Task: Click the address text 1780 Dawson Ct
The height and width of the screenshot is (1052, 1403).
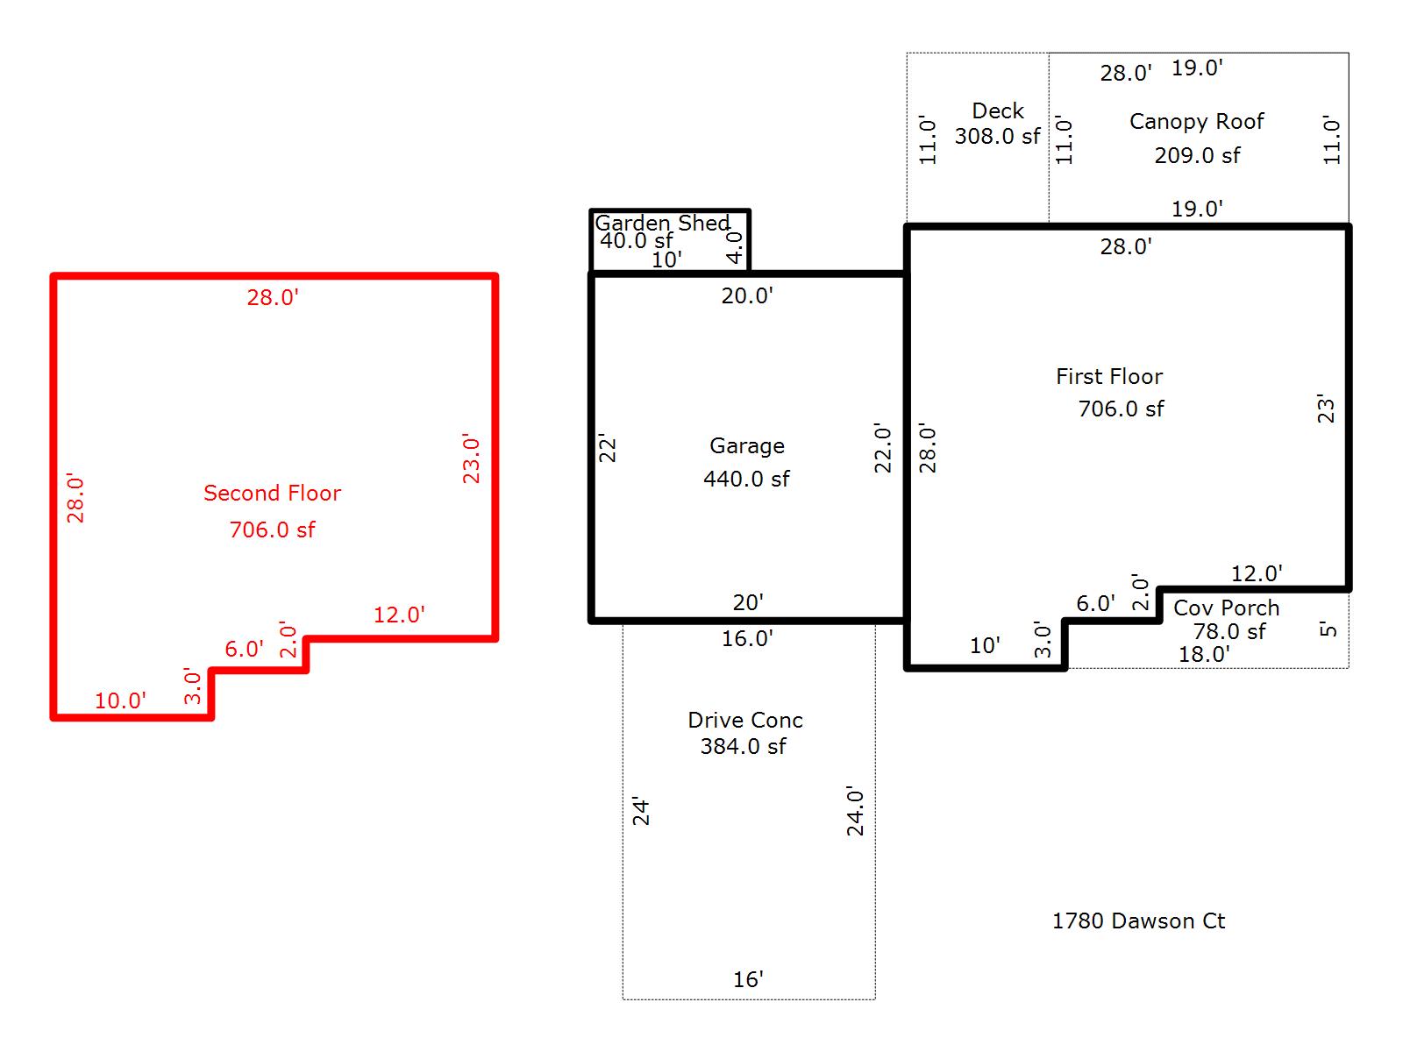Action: pyautogui.click(x=1138, y=920)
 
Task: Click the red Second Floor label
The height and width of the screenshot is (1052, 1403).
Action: pyautogui.click(x=272, y=493)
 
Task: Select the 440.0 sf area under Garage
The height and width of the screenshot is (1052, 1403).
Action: pyautogui.click(x=746, y=479)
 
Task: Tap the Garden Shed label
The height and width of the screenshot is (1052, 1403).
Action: pyautogui.click(x=662, y=223)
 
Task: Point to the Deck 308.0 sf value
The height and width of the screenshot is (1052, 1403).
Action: pyautogui.click(x=997, y=136)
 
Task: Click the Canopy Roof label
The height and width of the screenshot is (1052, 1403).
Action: pyautogui.click(x=1196, y=121)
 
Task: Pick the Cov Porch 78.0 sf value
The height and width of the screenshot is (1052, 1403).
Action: pyautogui.click(x=1229, y=631)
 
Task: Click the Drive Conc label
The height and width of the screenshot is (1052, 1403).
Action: pyautogui.click(x=744, y=720)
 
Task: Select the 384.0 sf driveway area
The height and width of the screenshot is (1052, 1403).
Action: pyautogui.click(x=743, y=746)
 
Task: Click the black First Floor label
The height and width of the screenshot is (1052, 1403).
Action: pyautogui.click(x=1108, y=376)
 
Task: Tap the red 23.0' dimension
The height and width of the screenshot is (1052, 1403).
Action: pyautogui.click(x=472, y=458)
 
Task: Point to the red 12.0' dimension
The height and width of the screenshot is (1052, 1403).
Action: pyautogui.click(x=399, y=615)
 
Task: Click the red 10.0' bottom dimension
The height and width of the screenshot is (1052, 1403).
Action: pyautogui.click(x=120, y=700)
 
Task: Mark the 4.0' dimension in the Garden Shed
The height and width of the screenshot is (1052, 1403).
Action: pyautogui.click(x=735, y=247)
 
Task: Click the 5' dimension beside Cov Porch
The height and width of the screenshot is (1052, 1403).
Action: pyautogui.click(x=1328, y=629)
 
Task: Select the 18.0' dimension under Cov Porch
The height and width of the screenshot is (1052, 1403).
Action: pyautogui.click(x=1204, y=654)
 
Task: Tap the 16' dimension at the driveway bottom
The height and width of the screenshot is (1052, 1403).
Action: pyautogui.click(x=748, y=979)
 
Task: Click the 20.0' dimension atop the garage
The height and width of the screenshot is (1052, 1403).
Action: pyautogui.click(x=747, y=295)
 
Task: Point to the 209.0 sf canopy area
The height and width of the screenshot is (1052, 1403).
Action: pyautogui.click(x=1197, y=155)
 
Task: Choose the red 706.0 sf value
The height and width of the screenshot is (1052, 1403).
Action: pyautogui.click(x=272, y=530)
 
